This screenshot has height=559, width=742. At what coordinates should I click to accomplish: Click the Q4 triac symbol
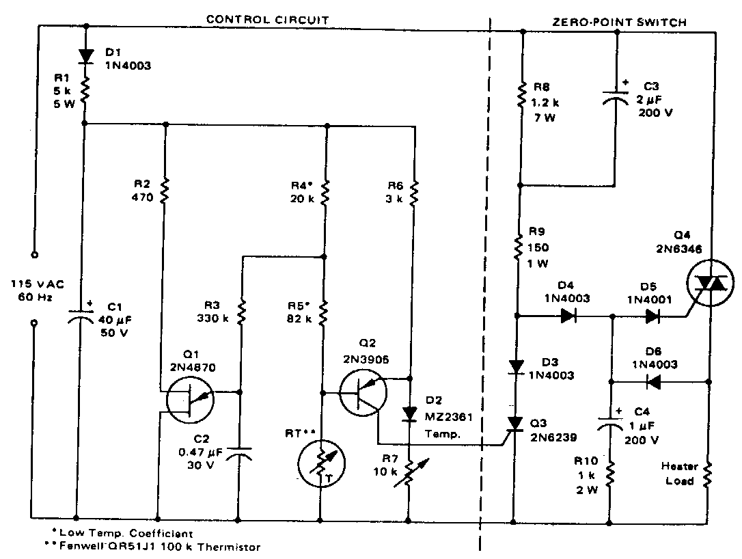coord(710,283)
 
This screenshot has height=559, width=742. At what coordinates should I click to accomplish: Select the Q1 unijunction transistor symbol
coord(190,400)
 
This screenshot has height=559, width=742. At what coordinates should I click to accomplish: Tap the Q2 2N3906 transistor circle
coord(363,392)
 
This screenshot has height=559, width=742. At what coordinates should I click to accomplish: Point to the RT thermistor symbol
coord(321,463)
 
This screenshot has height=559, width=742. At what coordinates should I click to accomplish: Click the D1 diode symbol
coord(85,56)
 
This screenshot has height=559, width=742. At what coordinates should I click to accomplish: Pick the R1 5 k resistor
coord(85,91)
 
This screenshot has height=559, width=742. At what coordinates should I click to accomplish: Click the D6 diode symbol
coord(653,381)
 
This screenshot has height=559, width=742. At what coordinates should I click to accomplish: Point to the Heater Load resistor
coord(708,474)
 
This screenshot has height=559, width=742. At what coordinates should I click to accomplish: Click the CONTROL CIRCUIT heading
coord(267,20)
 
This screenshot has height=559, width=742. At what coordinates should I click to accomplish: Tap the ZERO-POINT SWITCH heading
coord(620,23)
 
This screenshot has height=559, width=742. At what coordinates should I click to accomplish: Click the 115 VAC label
coord(38,284)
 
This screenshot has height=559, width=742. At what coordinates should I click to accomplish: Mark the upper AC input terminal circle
coord(34,255)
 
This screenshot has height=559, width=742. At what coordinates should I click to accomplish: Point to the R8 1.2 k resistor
coord(522,96)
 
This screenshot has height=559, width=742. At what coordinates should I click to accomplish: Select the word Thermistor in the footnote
coord(229,547)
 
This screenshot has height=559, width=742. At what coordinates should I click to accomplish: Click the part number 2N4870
coord(193,367)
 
